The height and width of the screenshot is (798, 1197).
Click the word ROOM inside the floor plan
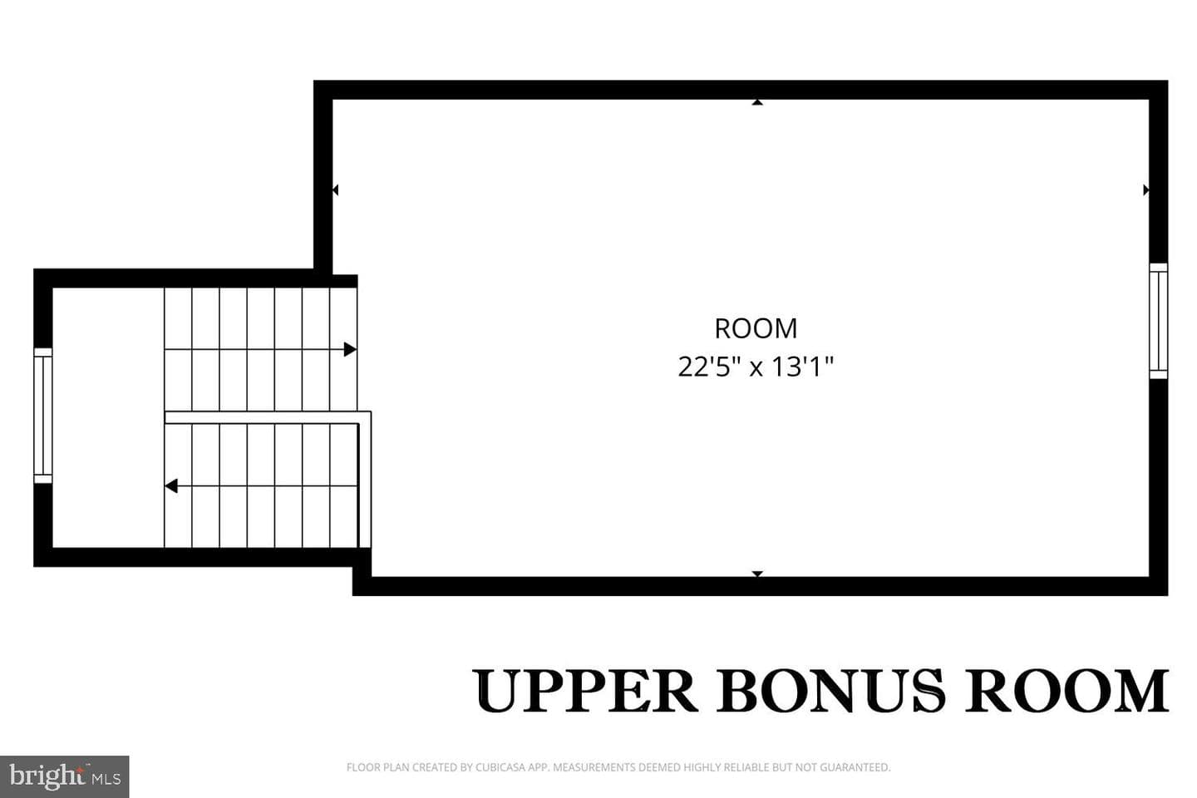click(756, 328)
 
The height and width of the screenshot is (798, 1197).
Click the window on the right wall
click(1159, 321)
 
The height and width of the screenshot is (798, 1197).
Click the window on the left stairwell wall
click(43, 416)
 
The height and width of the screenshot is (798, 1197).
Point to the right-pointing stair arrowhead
click(350, 350)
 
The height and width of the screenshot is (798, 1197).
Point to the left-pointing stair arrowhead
click(171, 485)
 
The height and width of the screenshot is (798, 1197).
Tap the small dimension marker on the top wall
click(757, 102)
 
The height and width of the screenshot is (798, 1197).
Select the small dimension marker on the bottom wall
click(757, 574)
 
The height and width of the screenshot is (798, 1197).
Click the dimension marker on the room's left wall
click(335, 190)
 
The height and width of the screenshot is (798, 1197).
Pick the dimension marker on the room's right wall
click(1146, 190)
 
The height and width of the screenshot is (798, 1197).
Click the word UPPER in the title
click(585, 691)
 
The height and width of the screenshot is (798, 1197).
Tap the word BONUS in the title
click(830, 691)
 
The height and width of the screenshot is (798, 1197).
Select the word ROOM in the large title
click(1066, 691)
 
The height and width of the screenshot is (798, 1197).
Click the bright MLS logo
click(65, 776)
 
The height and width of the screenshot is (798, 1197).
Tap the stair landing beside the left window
click(108, 417)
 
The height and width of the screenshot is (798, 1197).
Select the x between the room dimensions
click(756, 369)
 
